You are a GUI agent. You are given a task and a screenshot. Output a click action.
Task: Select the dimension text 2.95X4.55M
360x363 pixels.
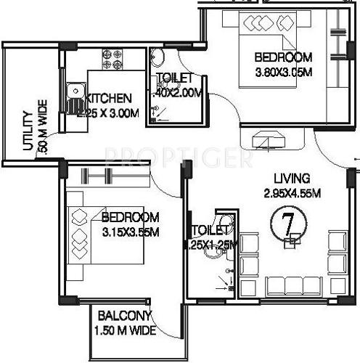292,192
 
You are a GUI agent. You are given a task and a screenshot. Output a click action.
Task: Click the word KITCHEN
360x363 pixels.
110,98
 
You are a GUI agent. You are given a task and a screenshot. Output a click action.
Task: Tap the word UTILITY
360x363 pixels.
27,131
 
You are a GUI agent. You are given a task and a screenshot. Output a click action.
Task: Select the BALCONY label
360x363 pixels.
124,316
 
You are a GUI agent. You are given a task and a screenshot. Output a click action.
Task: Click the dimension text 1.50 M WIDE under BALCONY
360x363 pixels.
124,330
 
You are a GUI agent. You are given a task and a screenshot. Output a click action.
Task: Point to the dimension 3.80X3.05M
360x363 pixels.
282,71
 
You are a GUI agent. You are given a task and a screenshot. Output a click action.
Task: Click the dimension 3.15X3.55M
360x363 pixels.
130,232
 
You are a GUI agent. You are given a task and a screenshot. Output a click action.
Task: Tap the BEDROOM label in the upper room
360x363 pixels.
282,57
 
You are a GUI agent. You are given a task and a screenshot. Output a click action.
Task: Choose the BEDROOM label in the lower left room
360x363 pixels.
130,218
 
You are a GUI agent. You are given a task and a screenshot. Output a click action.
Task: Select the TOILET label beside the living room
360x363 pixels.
209,231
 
